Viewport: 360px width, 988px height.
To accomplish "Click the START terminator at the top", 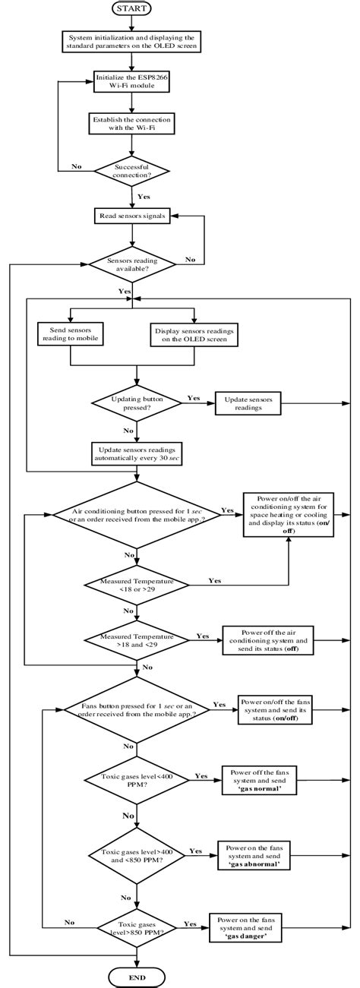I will coord(137,9).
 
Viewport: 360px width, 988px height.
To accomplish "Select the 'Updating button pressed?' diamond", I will coord(137,402).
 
